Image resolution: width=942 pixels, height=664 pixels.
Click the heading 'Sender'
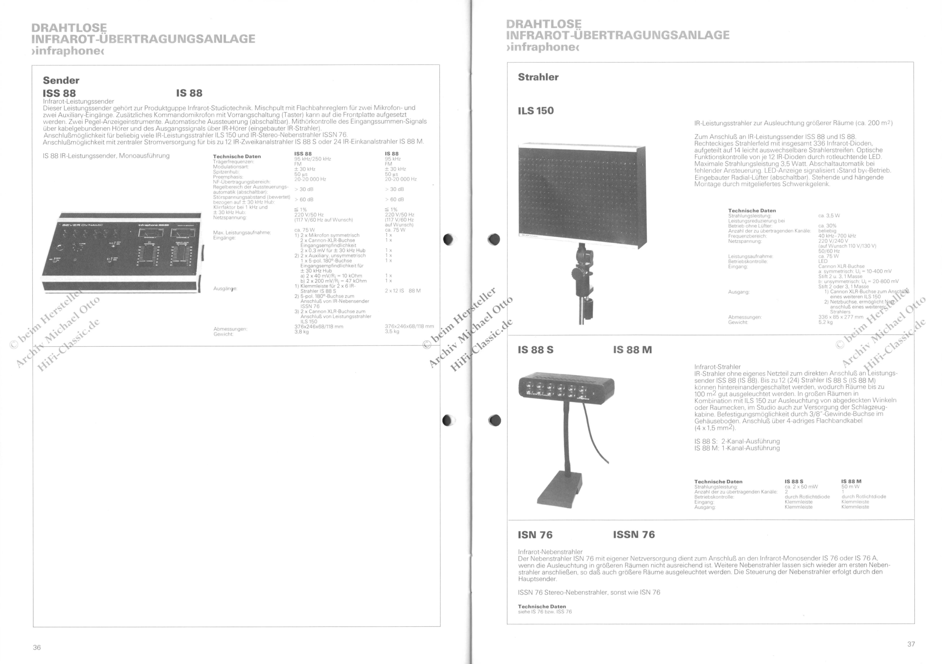[61, 80]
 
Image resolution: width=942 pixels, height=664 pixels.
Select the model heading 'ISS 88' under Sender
[59, 94]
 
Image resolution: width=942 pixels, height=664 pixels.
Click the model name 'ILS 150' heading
[536, 111]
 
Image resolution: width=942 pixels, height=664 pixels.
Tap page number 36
[37, 647]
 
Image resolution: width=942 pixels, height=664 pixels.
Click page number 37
[911, 644]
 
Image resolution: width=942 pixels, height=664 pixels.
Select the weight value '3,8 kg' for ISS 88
[302, 332]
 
